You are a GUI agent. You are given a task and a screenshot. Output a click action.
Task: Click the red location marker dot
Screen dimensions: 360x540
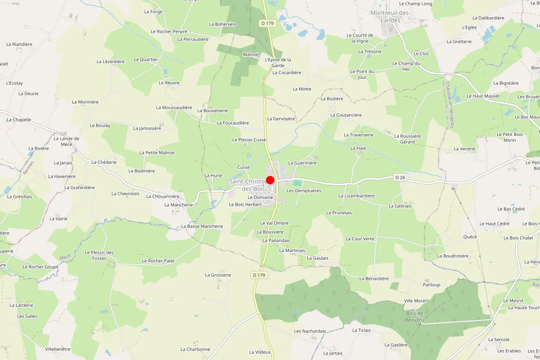click(x=270, y=180)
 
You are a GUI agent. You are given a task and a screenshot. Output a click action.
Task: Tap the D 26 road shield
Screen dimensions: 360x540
click(x=400, y=177)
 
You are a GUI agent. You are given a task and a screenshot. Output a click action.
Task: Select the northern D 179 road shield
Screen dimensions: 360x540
click(x=267, y=23)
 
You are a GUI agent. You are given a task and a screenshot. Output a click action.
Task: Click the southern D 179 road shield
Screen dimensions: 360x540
click(x=259, y=274)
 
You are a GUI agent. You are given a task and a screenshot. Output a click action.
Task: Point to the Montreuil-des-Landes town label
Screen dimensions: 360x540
click(x=390, y=16)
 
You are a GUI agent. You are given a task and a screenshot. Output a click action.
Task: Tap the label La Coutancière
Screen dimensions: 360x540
click(x=346, y=115)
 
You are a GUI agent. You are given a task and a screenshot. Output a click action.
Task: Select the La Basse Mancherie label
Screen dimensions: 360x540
click(x=202, y=226)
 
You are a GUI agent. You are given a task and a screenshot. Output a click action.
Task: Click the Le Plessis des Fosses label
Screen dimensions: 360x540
click(x=99, y=255)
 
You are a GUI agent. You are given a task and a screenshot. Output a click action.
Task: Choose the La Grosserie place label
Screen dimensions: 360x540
click(x=218, y=274)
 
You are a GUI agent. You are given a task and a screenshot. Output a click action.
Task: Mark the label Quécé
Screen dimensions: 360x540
click(x=470, y=237)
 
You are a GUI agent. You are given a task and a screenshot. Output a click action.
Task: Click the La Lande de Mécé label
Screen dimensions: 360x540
click(x=66, y=141)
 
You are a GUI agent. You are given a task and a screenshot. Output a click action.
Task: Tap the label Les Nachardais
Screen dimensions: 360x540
click(x=310, y=331)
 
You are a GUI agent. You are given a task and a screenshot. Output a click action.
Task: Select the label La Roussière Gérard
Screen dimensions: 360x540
click(x=407, y=139)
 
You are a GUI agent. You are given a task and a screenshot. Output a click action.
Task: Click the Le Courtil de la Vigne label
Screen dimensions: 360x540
click(x=360, y=38)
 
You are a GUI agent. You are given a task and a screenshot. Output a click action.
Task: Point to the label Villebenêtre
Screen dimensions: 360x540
click(x=58, y=349)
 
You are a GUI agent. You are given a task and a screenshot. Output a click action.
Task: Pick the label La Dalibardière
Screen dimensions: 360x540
click(x=488, y=18)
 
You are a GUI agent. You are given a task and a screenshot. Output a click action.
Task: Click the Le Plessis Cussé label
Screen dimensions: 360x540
click(x=249, y=140)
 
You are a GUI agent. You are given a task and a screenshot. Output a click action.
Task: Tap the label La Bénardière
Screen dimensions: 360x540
click(x=373, y=279)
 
